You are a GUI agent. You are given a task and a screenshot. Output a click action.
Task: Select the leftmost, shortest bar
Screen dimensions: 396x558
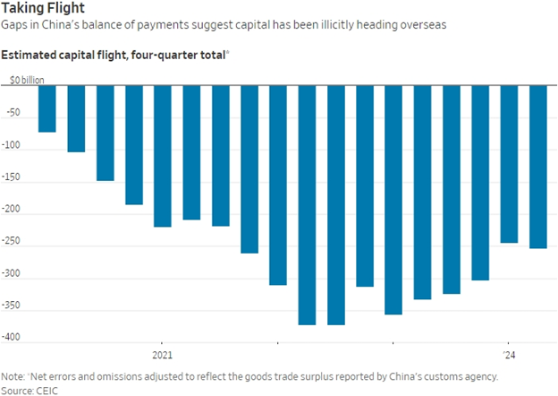click(x=46, y=108)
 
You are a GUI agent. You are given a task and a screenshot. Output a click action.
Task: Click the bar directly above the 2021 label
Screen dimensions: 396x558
click(x=162, y=156)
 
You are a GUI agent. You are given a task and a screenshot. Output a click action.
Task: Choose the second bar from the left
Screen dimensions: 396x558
click(x=76, y=118)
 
